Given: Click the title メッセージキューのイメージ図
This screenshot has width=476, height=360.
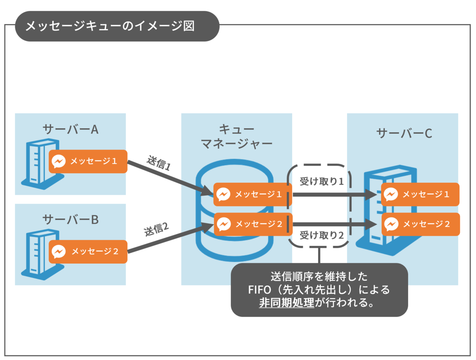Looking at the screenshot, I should point(110,26).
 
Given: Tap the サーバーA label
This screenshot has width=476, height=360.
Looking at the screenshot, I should point(71,129).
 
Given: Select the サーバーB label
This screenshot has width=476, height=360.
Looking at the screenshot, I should point(71,219).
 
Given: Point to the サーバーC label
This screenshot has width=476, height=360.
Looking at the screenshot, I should point(404,133).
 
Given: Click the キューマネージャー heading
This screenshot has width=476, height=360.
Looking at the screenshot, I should point(236,136).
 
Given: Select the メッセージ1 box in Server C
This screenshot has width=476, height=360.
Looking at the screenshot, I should point(420,194).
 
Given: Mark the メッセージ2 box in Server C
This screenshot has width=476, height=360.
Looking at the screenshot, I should point(420,224).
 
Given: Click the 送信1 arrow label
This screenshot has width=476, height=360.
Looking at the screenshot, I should point(158,163).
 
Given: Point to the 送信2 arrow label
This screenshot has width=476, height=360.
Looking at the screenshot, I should point(156,230).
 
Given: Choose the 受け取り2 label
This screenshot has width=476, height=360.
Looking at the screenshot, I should point(322,235).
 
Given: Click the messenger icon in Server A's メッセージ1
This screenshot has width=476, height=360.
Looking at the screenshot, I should point(58,162).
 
